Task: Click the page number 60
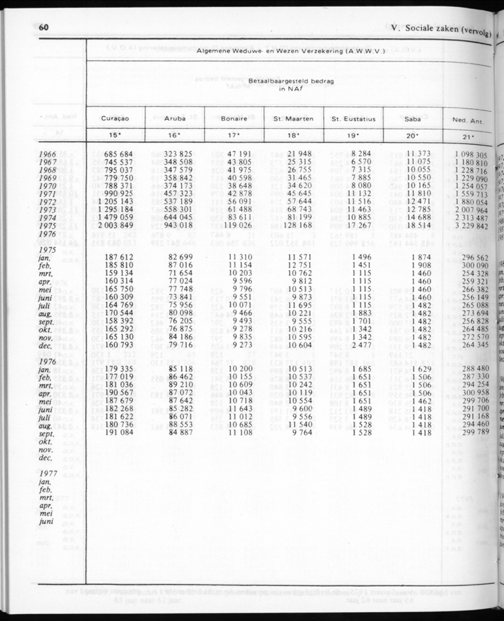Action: (43, 28)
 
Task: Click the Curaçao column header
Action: (116, 119)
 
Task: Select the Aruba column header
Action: (175, 119)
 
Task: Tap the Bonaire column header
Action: (234, 119)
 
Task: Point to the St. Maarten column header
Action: (294, 119)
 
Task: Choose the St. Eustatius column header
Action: (353, 119)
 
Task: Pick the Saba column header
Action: (413, 119)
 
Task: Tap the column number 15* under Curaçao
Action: (116, 136)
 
